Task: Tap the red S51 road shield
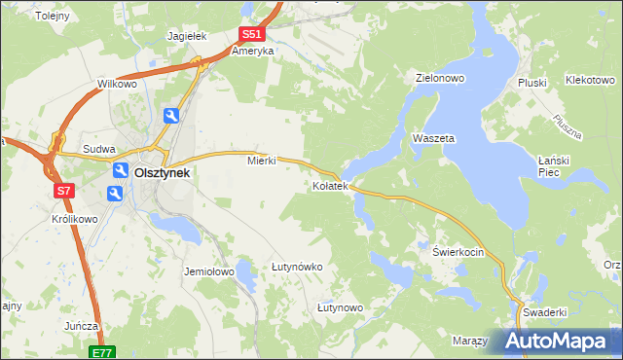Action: (251, 34)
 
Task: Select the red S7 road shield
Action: (63, 191)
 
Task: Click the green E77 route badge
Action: (102, 352)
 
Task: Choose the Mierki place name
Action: (262, 161)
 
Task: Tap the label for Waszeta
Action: (433, 138)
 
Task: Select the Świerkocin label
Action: (458, 250)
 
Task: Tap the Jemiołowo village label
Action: (209, 271)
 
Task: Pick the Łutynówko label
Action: (297, 266)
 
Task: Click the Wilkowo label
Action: (116, 85)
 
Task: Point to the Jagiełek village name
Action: (188, 36)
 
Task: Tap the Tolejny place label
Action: (51, 17)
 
